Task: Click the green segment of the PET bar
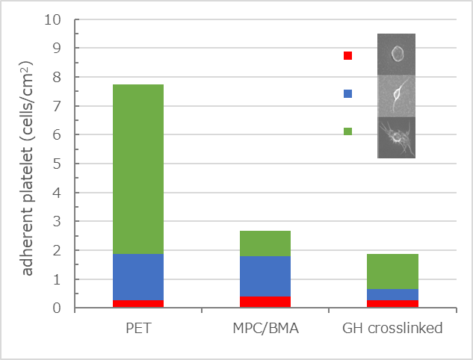tap(137, 169)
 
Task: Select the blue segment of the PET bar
tap(137, 276)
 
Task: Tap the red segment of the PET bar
tap(137, 303)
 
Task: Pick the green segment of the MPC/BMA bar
tap(265, 243)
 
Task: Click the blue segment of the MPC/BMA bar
tap(265, 276)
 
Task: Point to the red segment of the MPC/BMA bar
tap(265, 302)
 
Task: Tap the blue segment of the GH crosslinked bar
tap(392, 294)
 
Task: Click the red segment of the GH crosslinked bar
tap(392, 303)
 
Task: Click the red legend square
tap(347, 55)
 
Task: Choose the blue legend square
tap(347, 93)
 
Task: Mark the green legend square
tap(347, 131)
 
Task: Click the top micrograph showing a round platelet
tap(396, 54)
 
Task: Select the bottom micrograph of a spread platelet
tap(396, 137)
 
